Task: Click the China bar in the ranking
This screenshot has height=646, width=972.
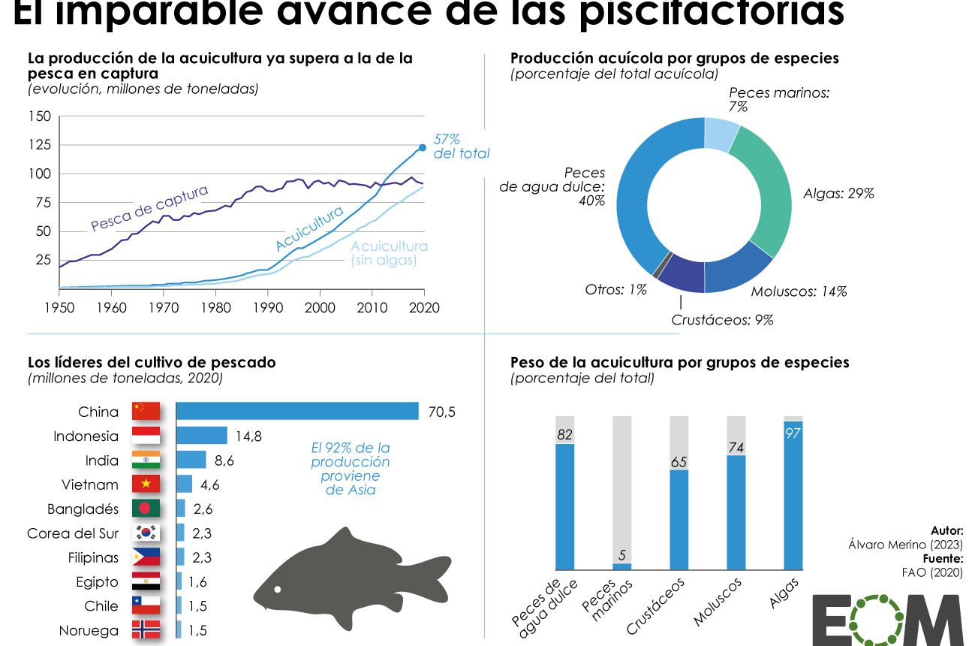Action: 297,411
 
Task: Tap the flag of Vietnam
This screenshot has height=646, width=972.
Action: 146,484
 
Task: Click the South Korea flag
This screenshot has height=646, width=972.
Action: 146,533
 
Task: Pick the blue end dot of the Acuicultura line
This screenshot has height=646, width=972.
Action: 423,147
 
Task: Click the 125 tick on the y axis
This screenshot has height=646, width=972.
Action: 40,144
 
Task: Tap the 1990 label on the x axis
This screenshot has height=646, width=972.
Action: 267,308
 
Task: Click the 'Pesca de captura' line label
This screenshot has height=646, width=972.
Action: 149,208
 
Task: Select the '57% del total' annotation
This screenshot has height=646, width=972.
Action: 460,146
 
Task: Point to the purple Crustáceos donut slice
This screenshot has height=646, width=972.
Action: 681,273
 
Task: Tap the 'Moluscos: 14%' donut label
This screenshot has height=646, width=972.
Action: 799,291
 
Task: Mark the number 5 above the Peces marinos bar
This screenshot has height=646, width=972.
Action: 622,555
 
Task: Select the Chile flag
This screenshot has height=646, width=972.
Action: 146,606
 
